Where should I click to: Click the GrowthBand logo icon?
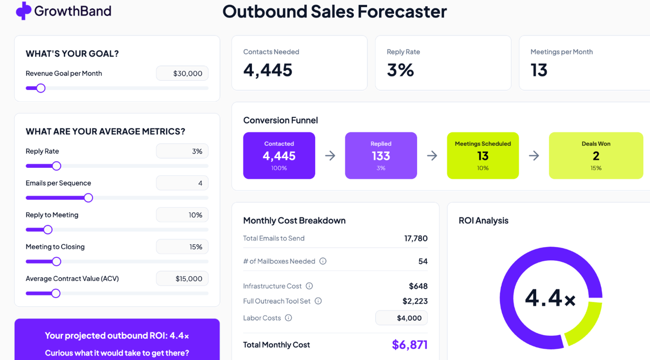point(24,11)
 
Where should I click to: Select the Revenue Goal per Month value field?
point(182,74)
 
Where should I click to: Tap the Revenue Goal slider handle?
point(41,88)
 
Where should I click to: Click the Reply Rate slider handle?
point(56,166)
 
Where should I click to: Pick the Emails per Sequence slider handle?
point(88,198)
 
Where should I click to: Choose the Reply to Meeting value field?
point(182,215)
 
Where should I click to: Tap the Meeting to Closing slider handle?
point(56,262)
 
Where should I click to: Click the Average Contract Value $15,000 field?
point(182,279)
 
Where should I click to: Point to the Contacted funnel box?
point(279,156)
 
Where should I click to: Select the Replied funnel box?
point(381,156)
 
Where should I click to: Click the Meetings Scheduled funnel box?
point(483,156)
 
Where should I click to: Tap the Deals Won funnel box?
point(596,156)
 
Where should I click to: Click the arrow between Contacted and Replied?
point(330,156)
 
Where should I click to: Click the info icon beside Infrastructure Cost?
point(309,286)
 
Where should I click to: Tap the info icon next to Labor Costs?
point(288,318)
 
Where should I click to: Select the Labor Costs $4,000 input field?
point(401,318)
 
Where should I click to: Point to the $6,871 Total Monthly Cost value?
point(409,345)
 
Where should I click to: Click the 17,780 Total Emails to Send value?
point(416,239)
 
